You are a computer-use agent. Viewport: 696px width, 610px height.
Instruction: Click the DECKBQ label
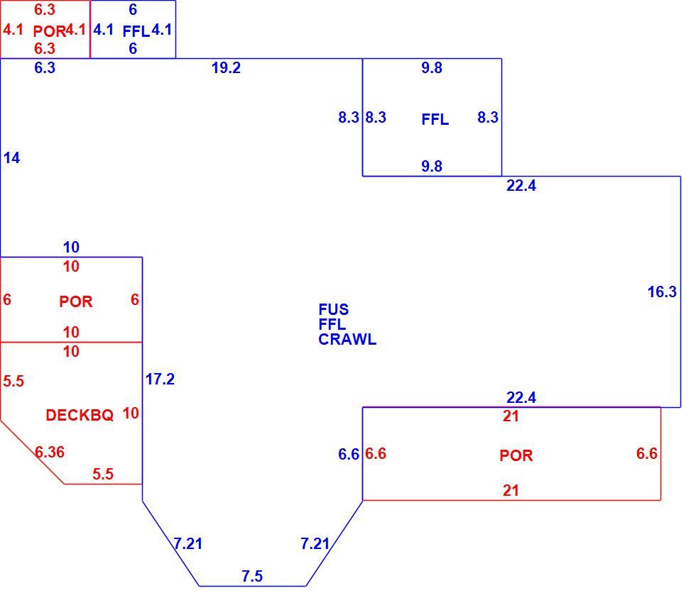(80, 415)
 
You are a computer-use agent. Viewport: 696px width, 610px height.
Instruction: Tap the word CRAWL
(347, 339)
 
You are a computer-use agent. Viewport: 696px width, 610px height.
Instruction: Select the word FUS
(333, 309)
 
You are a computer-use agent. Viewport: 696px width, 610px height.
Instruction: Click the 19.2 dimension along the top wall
(226, 68)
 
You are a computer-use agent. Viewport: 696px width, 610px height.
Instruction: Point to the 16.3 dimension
(662, 292)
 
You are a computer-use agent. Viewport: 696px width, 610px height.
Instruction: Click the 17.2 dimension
(160, 379)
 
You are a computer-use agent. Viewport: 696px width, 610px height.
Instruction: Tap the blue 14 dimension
(11, 157)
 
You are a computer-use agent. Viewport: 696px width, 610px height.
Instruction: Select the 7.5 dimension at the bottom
(252, 576)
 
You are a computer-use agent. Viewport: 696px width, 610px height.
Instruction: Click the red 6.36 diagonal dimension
(50, 453)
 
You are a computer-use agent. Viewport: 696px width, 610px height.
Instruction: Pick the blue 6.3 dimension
(45, 68)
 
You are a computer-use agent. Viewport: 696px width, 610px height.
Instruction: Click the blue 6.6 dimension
(349, 454)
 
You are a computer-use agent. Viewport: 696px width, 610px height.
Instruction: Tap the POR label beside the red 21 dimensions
(516, 455)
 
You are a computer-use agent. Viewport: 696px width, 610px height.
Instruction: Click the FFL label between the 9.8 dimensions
(435, 119)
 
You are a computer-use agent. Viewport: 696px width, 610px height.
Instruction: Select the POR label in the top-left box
(49, 31)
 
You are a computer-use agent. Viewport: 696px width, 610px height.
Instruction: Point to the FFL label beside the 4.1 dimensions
(136, 31)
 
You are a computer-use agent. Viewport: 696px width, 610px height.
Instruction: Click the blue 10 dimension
(71, 247)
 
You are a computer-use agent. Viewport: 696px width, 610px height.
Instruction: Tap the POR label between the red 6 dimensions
(75, 301)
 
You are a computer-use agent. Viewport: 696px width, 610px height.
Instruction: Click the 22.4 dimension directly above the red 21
(521, 397)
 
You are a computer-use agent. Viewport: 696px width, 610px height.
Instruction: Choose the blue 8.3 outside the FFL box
(349, 118)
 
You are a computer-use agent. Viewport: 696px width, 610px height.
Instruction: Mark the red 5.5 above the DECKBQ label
(13, 382)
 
